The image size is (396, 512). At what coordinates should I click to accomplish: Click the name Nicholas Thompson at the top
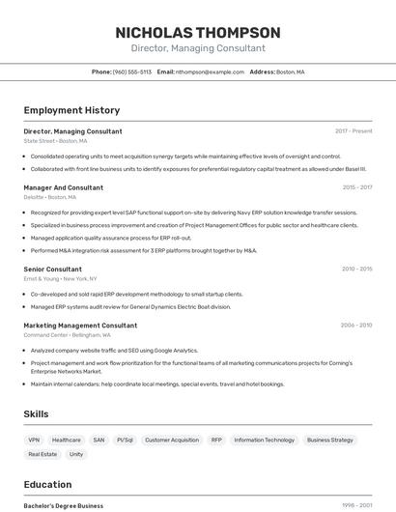click(x=198, y=33)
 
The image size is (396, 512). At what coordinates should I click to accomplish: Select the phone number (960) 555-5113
click(x=132, y=72)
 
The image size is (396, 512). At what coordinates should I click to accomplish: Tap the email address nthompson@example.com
click(x=210, y=72)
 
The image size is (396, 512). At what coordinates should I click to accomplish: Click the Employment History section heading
click(x=71, y=111)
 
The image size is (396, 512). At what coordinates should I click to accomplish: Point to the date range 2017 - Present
click(x=354, y=131)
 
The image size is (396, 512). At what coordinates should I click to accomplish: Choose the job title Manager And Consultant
click(x=64, y=187)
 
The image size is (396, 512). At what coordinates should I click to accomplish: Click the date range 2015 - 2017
click(x=356, y=187)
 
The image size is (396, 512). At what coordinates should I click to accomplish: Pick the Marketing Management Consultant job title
click(x=80, y=326)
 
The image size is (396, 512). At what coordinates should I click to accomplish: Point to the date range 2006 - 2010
click(x=356, y=326)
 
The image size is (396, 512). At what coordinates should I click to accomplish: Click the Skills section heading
click(x=37, y=414)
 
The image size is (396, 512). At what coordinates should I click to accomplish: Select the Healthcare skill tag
click(x=67, y=440)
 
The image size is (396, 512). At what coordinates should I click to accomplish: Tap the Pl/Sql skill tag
click(x=125, y=440)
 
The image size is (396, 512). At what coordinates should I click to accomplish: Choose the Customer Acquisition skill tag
click(x=172, y=440)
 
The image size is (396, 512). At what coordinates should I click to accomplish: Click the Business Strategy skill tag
click(x=330, y=440)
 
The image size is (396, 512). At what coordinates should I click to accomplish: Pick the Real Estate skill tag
click(x=42, y=454)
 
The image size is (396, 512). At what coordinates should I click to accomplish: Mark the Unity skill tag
click(x=76, y=454)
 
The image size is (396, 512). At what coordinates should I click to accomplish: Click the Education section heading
click(x=48, y=485)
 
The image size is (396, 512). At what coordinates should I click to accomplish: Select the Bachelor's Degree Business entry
click(x=64, y=505)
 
